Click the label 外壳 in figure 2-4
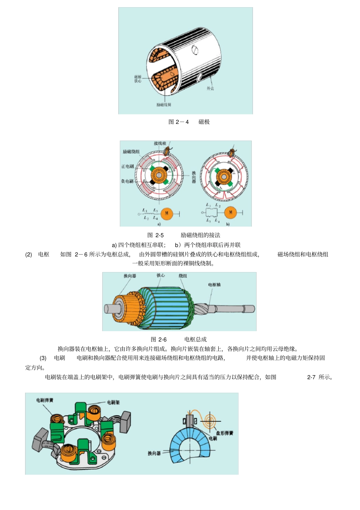coord(210,88)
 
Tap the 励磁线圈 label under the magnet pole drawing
coord(164,105)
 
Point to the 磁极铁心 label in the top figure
coord(138,79)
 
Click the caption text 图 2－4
coord(178,122)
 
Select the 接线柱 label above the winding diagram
coord(160,143)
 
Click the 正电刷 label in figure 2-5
coord(127,166)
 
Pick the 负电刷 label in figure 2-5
coord(127,181)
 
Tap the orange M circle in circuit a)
coord(167,214)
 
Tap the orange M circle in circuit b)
coord(230,213)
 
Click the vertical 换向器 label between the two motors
coord(194,177)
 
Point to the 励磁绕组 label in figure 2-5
coord(131,152)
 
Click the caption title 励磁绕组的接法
coord(200,235)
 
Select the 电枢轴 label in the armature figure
coord(214,285)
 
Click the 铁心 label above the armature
coord(161,275)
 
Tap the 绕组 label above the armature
coord(183,276)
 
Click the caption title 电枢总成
coord(196,339)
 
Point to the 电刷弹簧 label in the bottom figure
coord(45,400)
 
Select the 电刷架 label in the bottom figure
coord(113,402)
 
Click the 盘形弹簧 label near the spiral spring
coord(225,433)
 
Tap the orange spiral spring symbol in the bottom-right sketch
coord(210,420)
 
